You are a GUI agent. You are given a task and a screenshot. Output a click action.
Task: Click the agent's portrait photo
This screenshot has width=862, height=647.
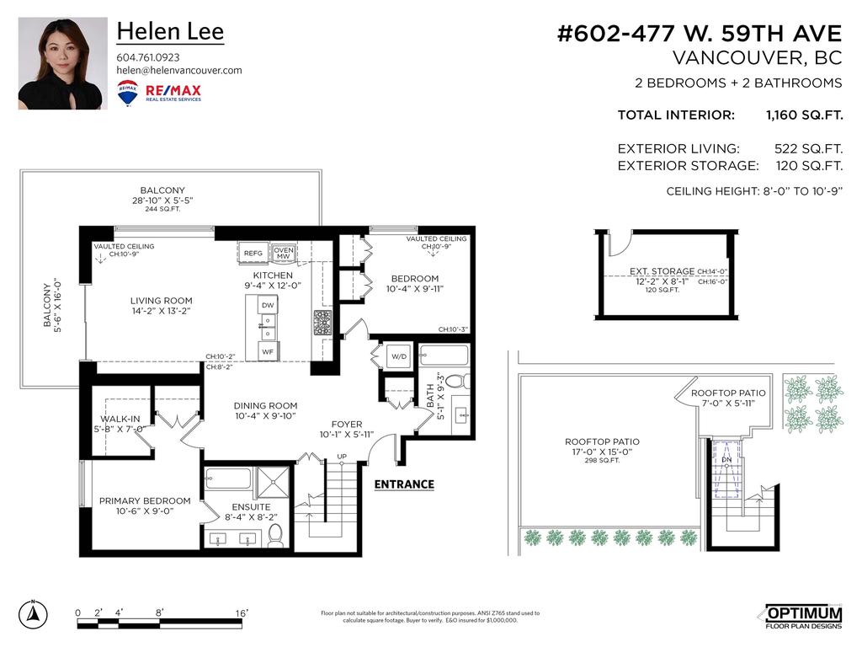(x=63, y=63)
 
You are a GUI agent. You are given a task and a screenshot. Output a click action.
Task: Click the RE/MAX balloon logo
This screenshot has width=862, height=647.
(x=128, y=93)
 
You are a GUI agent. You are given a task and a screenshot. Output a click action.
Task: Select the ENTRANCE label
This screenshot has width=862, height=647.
(x=404, y=484)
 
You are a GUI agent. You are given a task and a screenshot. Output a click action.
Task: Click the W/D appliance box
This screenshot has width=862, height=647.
(x=397, y=356)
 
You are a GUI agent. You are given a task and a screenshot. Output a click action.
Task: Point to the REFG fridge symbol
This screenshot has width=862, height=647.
(x=253, y=253)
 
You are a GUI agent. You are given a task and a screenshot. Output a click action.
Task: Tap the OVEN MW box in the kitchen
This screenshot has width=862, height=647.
(x=283, y=253)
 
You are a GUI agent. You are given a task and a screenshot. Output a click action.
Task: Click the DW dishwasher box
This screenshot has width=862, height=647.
(x=268, y=305)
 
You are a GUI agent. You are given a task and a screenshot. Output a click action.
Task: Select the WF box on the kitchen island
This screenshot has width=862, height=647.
(x=268, y=350)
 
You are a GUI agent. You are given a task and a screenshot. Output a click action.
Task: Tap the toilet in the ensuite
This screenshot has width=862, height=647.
(x=275, y=536)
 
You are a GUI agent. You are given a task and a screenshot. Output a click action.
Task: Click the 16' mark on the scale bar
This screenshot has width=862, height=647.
(x=242, y=613)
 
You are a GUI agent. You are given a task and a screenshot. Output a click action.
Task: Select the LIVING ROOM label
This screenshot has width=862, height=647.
(x=161, y=301)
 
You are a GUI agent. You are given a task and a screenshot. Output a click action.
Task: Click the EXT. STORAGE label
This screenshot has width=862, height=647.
(x=662, y=271)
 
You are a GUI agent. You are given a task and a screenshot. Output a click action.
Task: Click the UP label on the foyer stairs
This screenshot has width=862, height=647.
(x=341, y=457)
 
